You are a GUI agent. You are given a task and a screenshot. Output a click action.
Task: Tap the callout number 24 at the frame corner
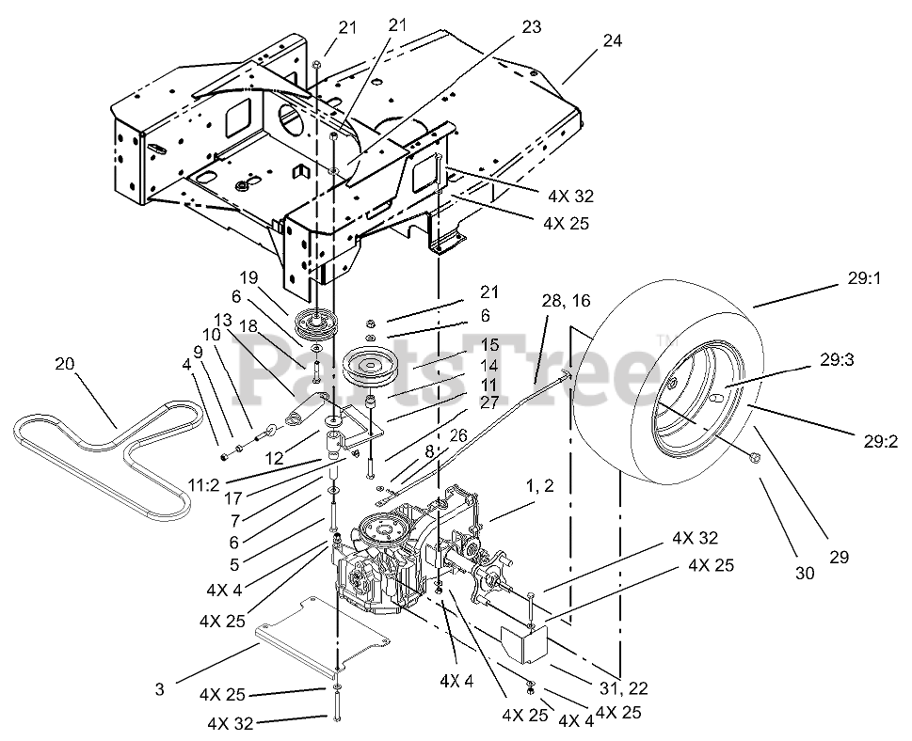click(614, 41)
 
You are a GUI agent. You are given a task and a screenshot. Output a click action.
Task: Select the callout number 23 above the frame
click(532, 28)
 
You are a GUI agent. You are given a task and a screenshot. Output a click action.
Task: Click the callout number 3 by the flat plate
click(161, 689)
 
